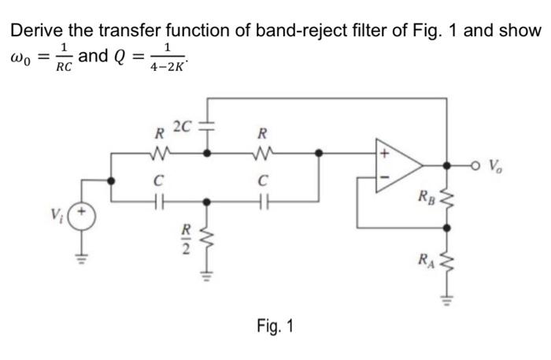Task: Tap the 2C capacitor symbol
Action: click(208, 128)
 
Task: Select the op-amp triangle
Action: click(401, 167)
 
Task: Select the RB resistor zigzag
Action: click(449, 195)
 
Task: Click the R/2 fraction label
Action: click(187, 239)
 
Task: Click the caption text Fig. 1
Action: click(275, 325)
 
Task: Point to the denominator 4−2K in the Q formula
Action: click(168, 69)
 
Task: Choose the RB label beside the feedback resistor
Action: click(426, 194)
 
